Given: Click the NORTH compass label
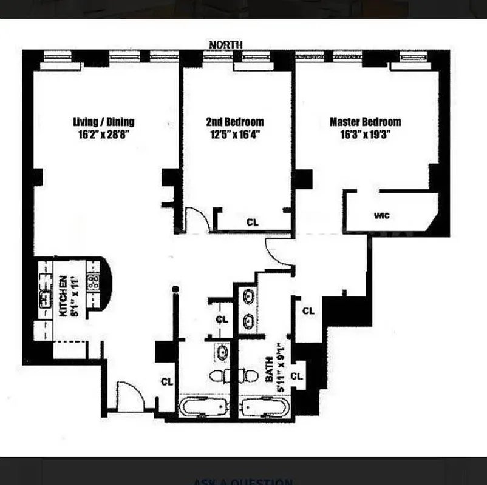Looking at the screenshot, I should click(x=225, y=45).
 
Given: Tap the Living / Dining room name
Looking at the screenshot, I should click(x=103, y=121).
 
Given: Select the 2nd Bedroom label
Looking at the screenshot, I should click(x=235, y=121).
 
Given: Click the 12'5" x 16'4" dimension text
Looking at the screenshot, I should click(x=235, y=135).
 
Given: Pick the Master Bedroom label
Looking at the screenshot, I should click(x=365, y=121).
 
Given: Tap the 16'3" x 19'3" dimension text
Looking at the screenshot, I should click(x=365, y=135).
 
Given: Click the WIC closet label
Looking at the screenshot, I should click(x=382, y=216).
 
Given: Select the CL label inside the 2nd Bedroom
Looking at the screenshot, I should click(x=253, y=222).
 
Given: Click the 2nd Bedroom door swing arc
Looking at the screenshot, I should click(x=197, y=218).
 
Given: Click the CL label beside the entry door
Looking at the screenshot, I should click(x=167, y=382).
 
